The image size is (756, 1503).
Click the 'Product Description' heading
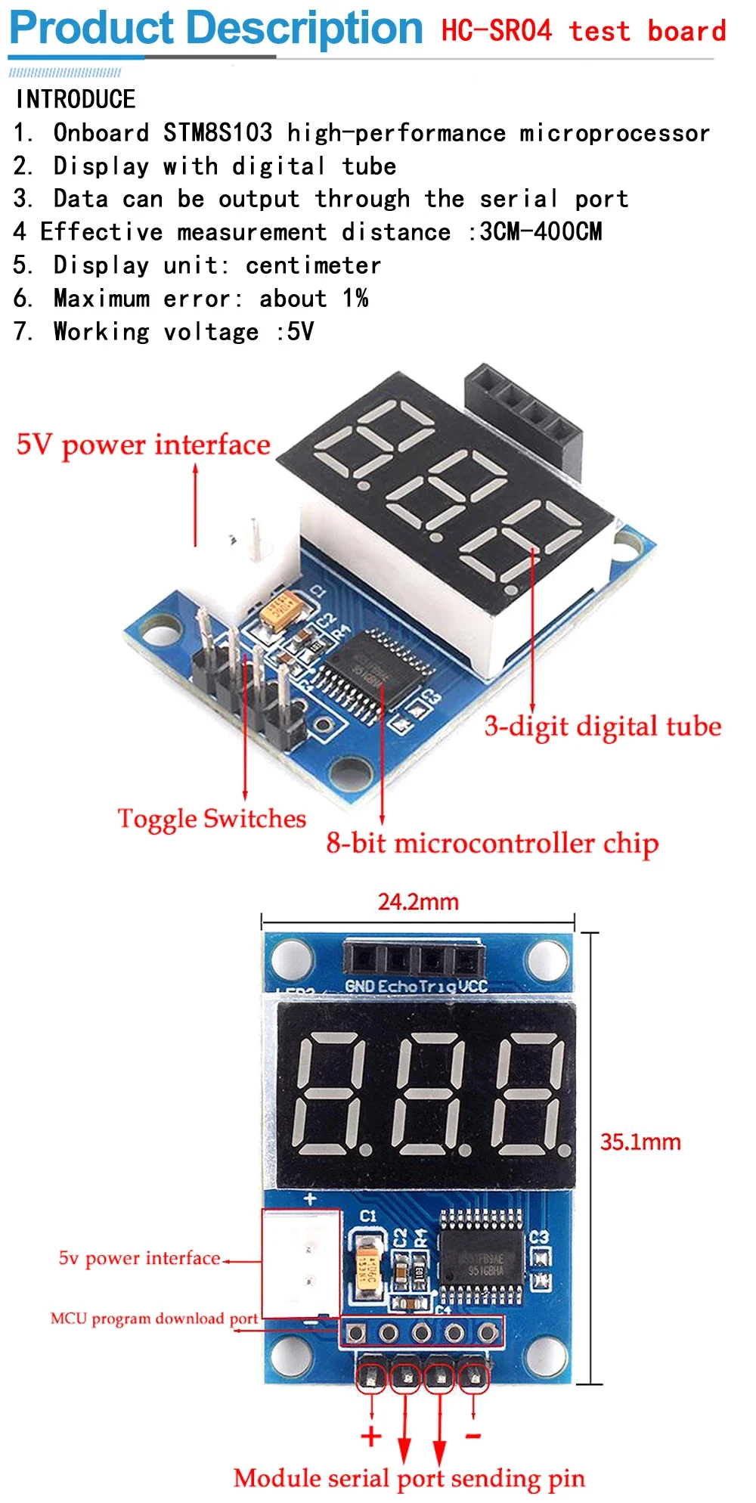point(215,29)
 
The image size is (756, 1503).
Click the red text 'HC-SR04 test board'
point(583,31)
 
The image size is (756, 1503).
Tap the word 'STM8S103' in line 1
point(218,133)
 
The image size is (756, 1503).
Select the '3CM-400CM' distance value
point(541,231)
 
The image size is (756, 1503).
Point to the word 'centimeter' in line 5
point(313,265)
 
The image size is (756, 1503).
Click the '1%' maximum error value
point(355,299)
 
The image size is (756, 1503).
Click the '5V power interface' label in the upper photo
point(143,445)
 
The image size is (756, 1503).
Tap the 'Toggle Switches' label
point(212,819)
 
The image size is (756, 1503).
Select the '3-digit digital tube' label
point(603,727)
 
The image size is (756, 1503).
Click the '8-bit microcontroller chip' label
point(492,843)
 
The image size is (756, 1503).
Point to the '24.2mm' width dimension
point(418,902)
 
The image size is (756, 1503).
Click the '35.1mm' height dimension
point(640,1142)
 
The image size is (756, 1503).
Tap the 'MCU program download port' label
point(154,1319)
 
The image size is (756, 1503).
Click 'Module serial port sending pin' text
point(409,1478)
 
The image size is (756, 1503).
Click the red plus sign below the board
point(371,1436)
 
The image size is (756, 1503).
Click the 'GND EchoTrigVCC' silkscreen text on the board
point(416,986)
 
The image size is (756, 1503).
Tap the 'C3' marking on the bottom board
point(538,1237)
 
